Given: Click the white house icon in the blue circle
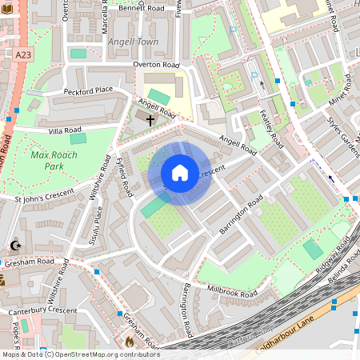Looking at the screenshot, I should [180, 173].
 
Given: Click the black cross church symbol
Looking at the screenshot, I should [150, 119].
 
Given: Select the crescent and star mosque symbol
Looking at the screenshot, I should [14, 246].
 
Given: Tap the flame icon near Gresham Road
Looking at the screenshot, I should [130, 341].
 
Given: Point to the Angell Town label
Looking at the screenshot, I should [135, 42].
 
